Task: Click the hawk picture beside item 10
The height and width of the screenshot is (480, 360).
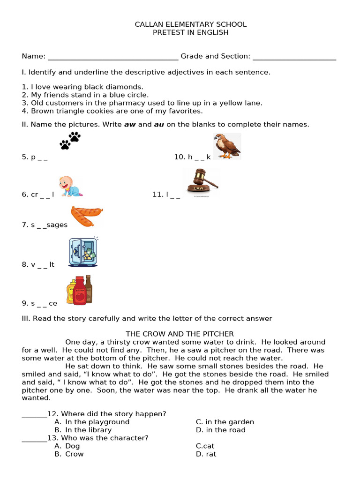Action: [227, 146]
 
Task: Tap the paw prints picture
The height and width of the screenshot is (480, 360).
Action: [70, 140]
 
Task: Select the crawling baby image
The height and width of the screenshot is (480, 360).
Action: [70, 186]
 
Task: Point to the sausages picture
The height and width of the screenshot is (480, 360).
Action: [86, 216]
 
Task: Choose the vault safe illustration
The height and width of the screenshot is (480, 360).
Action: [83, 252]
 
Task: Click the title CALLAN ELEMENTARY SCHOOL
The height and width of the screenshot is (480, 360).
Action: [190, 24]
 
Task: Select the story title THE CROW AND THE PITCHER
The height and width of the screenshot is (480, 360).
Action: [180, 334]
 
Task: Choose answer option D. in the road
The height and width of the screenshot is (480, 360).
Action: [220, 430]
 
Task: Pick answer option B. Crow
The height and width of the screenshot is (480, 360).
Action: [69, 454]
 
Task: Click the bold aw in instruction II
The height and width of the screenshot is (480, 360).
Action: [129, 124]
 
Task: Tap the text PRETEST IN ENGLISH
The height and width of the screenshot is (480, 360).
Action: [190, 32]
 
